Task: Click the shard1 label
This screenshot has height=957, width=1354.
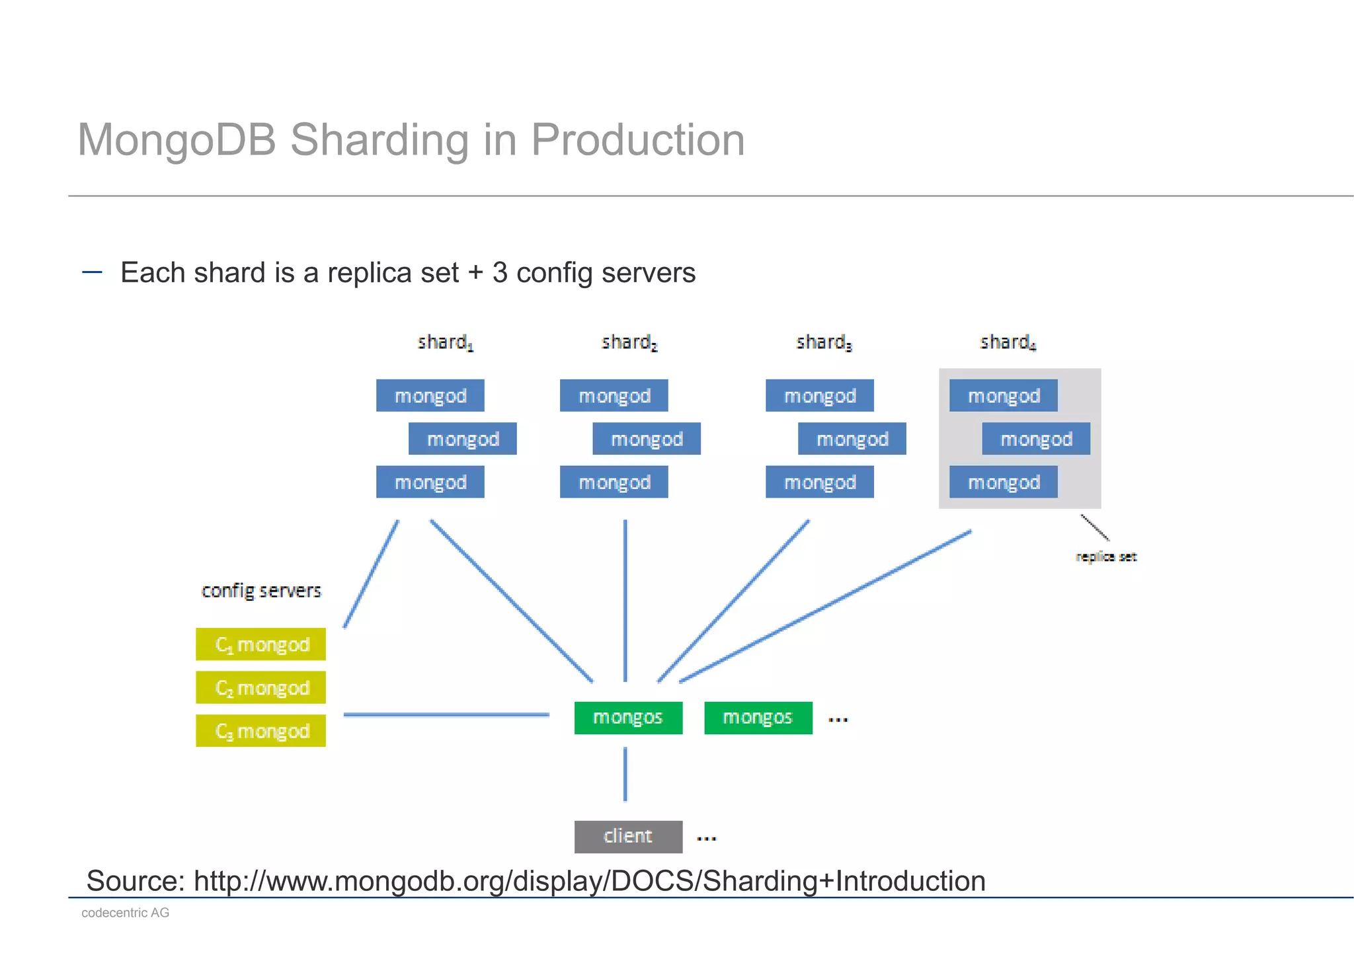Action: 445,342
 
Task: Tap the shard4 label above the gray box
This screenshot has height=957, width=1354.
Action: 1008,342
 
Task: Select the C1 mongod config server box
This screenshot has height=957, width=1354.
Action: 261,644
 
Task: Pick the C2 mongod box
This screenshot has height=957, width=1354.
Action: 261,688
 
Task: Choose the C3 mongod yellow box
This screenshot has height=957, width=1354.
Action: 261,731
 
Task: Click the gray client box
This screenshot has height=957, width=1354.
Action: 628,837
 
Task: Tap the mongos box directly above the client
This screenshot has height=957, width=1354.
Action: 628,718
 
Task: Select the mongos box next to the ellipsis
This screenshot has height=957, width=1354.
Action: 758,718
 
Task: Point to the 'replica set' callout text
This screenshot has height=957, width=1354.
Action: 1105,557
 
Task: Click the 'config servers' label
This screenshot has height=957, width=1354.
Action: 261,591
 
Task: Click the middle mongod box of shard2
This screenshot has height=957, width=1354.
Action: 647,439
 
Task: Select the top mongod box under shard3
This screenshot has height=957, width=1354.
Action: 820,396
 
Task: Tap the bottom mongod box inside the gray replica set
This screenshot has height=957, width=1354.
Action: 1003,482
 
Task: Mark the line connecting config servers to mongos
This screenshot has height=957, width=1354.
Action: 446,714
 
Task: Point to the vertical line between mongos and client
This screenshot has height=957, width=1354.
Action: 625,774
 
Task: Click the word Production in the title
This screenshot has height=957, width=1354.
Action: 637,140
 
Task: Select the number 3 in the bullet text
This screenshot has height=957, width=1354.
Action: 500,273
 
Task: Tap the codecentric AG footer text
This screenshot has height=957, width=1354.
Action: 126,913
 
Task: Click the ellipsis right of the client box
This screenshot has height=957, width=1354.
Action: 706,839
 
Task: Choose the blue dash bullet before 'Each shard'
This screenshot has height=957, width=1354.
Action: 92,272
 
